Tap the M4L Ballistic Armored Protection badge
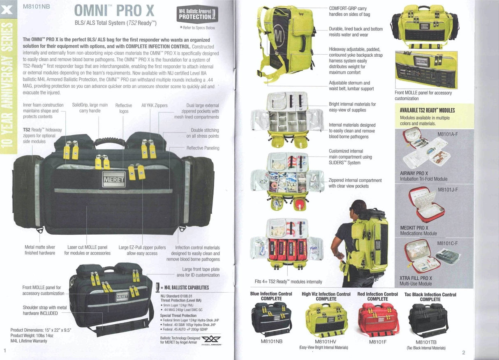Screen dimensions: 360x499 (x=197, y=14)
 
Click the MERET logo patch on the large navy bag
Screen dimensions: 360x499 (x=113, y=179)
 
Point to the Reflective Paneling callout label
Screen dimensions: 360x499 (x=203, y=148)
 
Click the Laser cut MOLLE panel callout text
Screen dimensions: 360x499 (x=87, y=250)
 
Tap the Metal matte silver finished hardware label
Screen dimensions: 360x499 (x=39, y=250)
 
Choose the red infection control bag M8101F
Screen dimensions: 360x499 (x=378, y=319)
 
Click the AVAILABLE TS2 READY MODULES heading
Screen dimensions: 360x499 (x=427, y=110)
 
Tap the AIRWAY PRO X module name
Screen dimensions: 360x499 (x=414, y=173)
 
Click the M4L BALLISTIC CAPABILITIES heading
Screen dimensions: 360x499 (x=186, y=288)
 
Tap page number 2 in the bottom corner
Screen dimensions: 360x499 (x=463, y=353)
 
